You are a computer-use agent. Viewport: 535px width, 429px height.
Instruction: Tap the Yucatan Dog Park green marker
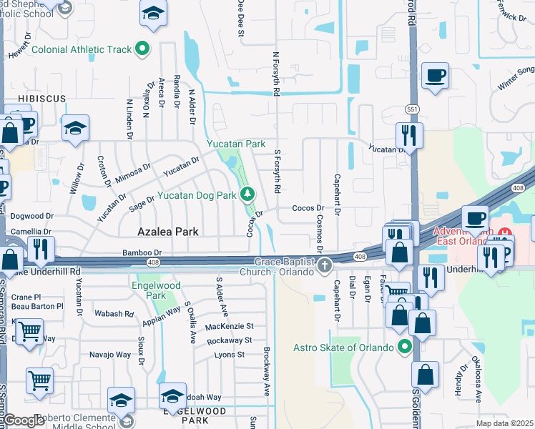pyautogui.click(x=247, y=193)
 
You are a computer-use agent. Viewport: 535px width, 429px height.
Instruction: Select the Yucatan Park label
pyautogui.click(x=236, y=144)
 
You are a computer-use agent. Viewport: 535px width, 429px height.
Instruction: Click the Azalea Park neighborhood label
pyautogui.click(x=167, y=232)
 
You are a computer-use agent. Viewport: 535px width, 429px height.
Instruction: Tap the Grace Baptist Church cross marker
pyautogui.click(x=325, y=266)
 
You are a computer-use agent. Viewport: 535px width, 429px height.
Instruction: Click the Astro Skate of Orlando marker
pyautogui.click(x=406, y=347)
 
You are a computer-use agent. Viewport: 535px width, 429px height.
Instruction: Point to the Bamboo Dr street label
pyautogui.click(x=143, y=252)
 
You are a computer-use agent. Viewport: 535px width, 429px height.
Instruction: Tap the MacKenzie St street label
pyautogui.click(x=229, y=326)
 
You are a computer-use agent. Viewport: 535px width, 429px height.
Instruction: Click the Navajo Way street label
pyautogui.click(x=110, y=355)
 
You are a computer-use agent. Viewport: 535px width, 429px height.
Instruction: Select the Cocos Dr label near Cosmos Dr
pyautogui.click(x=308, y=208)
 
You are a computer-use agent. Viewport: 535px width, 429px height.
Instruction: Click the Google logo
pyautogui.click(x=24, y=420)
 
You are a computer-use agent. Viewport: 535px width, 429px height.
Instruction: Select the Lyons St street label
pyautogui.click(x=230, y=355)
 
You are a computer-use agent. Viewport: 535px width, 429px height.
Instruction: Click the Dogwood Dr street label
pyautogui.click(x=32, y=215)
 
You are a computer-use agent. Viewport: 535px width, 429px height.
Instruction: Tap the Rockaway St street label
pyautogui.click(x=230, y=340)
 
